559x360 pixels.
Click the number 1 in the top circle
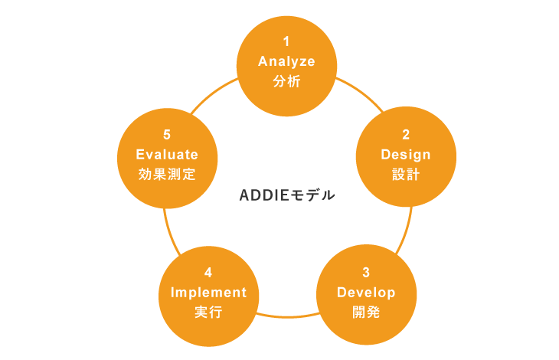click(286, 41)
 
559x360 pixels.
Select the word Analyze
click(286, 62)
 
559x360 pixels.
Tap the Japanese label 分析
click(286, 81)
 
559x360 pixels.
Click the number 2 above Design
click(406, 135)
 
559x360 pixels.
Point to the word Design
click(406, 155)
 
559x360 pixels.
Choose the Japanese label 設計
click(406, 175)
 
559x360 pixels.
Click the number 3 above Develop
click(366, 273)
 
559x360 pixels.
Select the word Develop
click(366, 293)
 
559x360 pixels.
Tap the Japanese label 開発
click(366, 313)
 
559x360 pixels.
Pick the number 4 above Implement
click(208, 273)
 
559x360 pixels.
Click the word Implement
click(208, 293)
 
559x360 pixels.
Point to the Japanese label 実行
click(208, 313)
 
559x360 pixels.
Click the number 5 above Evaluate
click(167, 135)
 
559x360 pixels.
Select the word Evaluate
click(167, 155)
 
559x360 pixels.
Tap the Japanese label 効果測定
click(167, 175)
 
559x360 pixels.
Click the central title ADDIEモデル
click(287, 195)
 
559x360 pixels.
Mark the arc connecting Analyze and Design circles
click(361, 93)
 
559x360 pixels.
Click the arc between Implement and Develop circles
click(287, 316)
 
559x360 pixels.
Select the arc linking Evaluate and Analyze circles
click(213, 93)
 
